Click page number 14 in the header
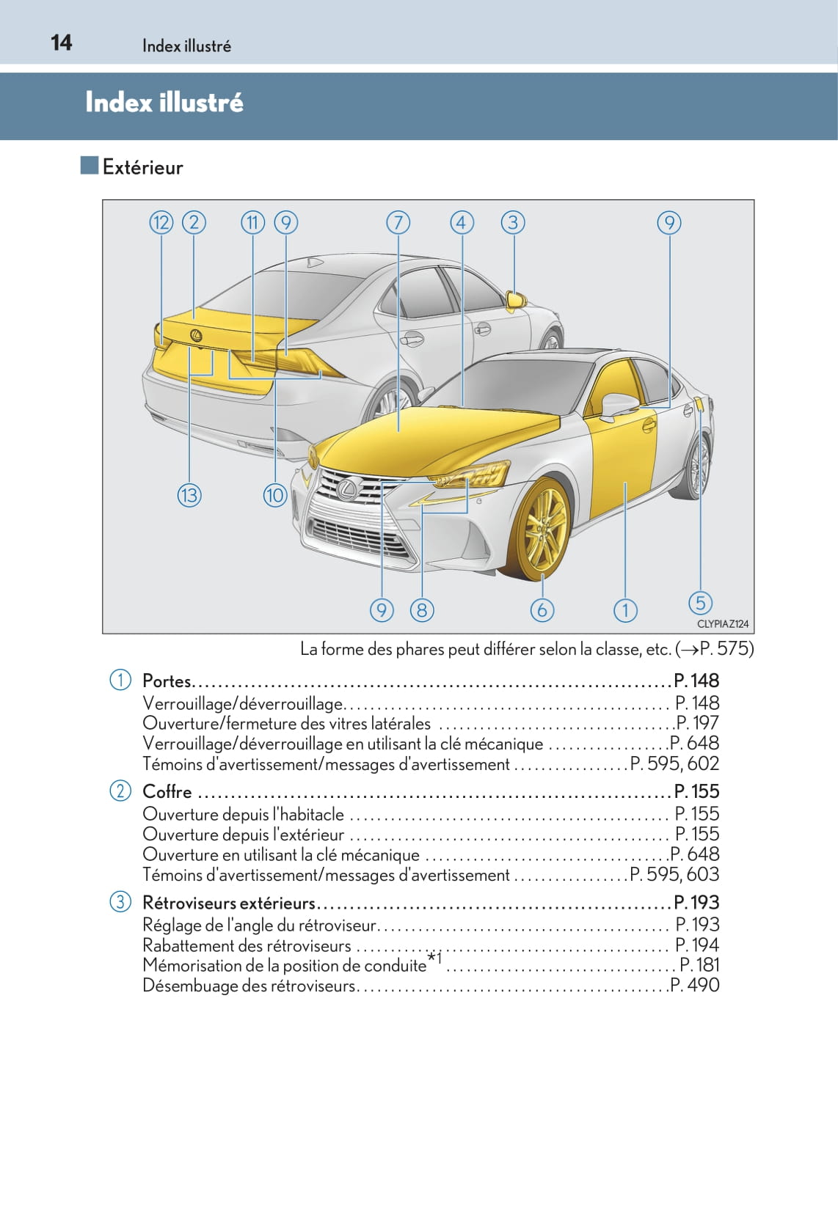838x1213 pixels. coord(62,43)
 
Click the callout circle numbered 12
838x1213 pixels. coord(161,222)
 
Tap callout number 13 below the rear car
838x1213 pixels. coord(189,496)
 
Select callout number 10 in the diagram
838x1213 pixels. coord(274,496)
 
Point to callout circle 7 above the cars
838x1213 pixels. coord(398,222)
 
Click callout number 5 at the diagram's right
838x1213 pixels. coord(700,603)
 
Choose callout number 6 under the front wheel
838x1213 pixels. coord(542,610)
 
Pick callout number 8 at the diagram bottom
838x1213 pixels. coord(422,610)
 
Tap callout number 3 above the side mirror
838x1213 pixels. coord(513,222)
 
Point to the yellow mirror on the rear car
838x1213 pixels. coord(515,299)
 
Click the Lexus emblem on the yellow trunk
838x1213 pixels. coord(196,335)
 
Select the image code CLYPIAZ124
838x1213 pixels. coord(722,624)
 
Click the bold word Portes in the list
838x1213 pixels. coord(167,681)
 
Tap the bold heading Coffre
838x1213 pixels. coord(167,792)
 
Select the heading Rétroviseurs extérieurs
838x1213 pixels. coord(228,903)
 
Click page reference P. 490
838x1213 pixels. coord(695,986)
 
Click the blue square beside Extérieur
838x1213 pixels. coord(90,166)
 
